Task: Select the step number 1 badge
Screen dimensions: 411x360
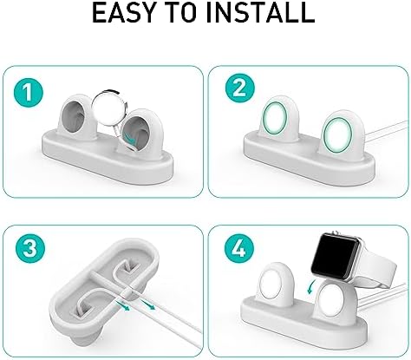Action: click(x=29, y=93)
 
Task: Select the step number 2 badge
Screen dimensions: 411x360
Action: click(x=240, y=88)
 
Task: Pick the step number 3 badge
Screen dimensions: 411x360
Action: click(x=30, y=248)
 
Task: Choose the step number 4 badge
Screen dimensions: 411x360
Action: click(x=239, y=248)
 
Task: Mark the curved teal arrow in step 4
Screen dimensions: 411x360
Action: click(x=310, y=286)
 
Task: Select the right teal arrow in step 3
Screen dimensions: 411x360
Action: click(x=147, y=304)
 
